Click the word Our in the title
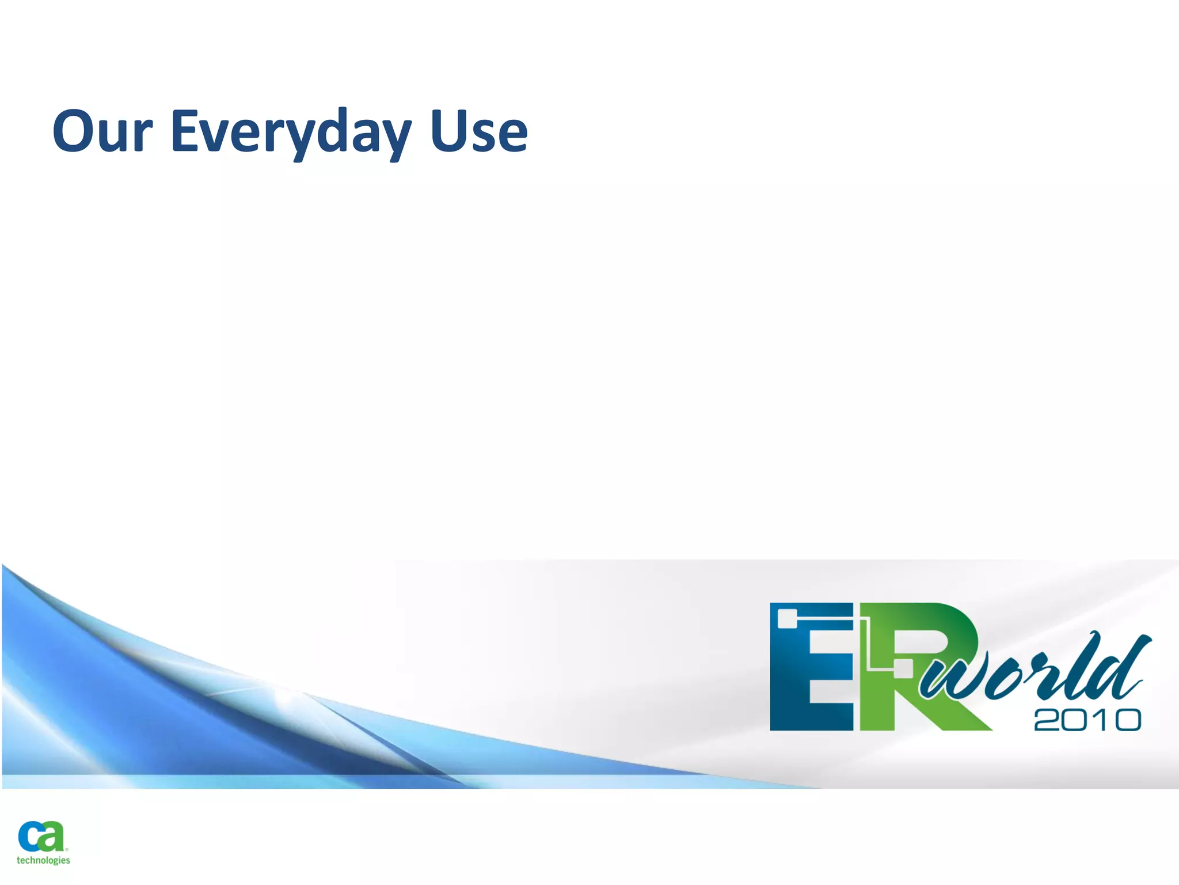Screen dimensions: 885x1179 point(102,132)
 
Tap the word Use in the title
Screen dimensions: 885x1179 point(478,132)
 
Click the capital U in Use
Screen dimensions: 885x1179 point(450,132)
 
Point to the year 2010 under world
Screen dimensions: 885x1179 point(1087,720)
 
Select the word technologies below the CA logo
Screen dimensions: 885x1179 point(43,860)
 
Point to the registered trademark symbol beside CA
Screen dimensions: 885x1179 point(67,849)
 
